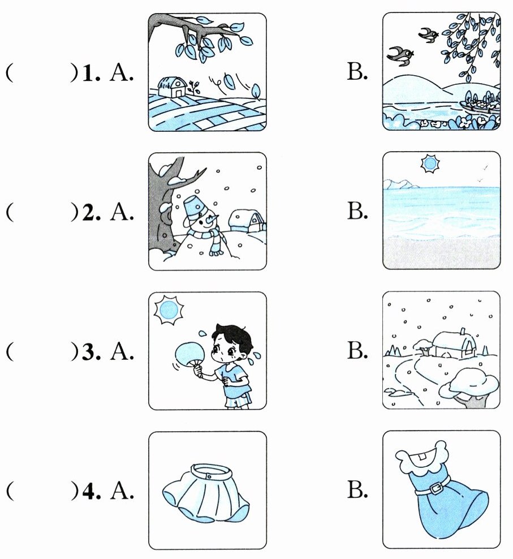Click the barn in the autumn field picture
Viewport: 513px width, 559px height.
coord(172,87)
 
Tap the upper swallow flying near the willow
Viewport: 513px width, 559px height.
coord(429,35)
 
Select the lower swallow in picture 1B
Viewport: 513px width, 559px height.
coord(400,56)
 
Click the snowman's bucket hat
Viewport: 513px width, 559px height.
coord(193,207)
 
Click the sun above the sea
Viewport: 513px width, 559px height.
coord(430,164)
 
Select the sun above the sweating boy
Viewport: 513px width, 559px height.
coord(169,310)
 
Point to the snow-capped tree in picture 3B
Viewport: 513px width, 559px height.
coord(468,387)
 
